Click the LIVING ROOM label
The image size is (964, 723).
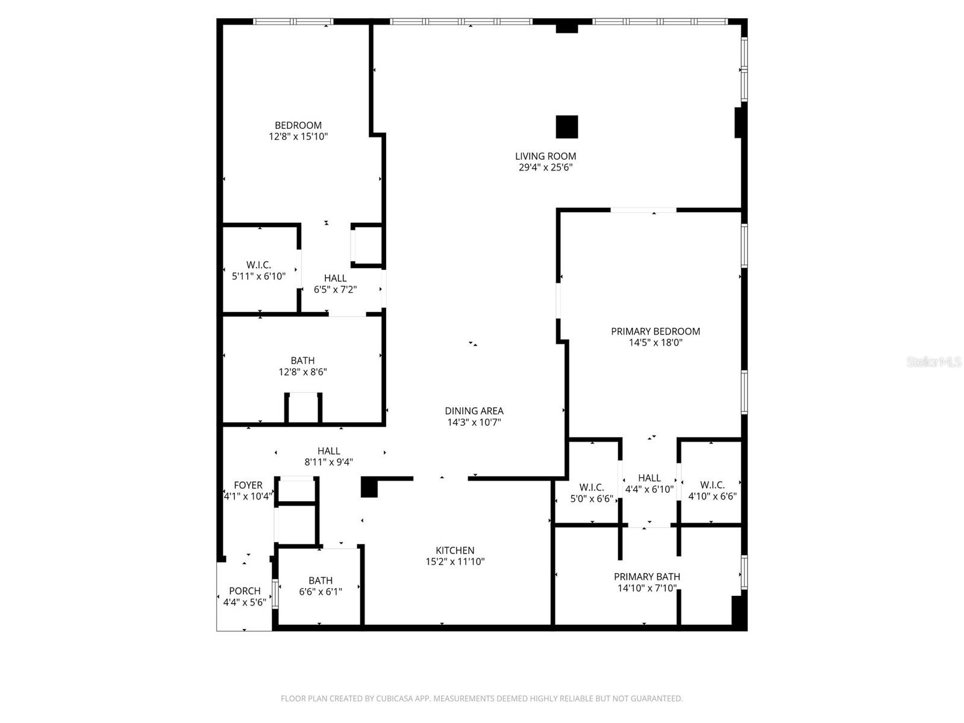tap(545, 156)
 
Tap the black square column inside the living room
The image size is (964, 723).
tap(566, 127)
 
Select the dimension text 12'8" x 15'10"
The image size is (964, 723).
tap(298, 137)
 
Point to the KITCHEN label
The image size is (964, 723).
tap(455, 550)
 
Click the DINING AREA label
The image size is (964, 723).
tap(474, 411)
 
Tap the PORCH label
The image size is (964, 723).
tap(245, 591)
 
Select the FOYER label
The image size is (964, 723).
tap(248, 485)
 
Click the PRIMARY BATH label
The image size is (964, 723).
tap(647, 577)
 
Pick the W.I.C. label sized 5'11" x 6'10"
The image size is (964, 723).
tap(258, 265)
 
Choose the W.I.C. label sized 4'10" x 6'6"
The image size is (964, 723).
tap(712, 485)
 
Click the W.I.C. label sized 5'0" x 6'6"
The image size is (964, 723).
tap(592, 487)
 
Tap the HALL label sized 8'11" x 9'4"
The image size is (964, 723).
tap(329, 451)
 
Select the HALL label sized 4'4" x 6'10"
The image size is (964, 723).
tap(649, 478)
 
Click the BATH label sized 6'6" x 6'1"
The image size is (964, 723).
tap(321, 580)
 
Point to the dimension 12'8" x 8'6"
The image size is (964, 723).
tap(302, 372)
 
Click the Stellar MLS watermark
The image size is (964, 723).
tap(933, 362)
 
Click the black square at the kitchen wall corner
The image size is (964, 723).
tap(369, 487)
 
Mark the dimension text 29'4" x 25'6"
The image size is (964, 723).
tap(545, 167)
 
